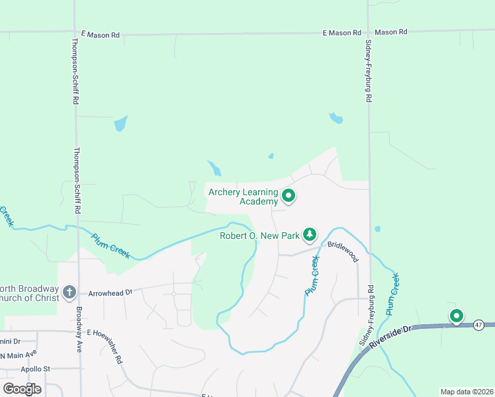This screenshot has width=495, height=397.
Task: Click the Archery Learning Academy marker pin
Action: [x=288, y=195]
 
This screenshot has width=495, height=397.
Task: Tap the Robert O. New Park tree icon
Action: [x=309, y=234]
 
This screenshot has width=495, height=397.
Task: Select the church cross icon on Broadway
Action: [x=69, y=292]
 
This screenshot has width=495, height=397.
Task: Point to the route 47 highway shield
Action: [x=478, y=324]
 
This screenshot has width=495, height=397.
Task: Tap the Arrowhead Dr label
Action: [x=111, y=291]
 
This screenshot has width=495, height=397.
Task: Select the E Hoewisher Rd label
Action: [x=105, y=342]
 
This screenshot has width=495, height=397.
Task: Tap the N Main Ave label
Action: [x=17, y=356]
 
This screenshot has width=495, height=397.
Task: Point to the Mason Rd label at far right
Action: [x=390, y=32]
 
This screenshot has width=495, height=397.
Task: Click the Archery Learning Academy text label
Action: [x=243, y=197]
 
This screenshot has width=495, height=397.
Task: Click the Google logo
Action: [x=22, y=388]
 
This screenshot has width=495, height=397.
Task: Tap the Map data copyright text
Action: [x=466, y=392]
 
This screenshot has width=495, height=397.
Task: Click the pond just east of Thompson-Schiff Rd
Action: [x=120, y=124]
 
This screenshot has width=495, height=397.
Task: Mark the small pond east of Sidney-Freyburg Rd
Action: [x=377, y=229]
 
